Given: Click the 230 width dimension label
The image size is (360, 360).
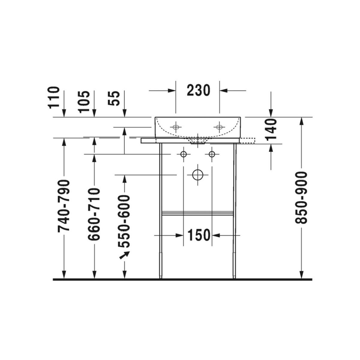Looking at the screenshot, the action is pyautogui.click(x=198, y=90).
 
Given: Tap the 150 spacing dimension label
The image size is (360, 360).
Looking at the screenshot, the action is pyautogui.click(x=199, y=235).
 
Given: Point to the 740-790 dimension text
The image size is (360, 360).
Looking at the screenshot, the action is pyautogui.click(x=64, y=206).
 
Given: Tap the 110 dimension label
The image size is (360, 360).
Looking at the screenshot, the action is pyautogui.click(x=54, y=97).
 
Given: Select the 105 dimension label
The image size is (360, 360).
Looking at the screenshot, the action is pyautogui.click(x=84, y=102).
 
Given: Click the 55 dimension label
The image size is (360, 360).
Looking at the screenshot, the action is pyautogui.click(x=114, y=98).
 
